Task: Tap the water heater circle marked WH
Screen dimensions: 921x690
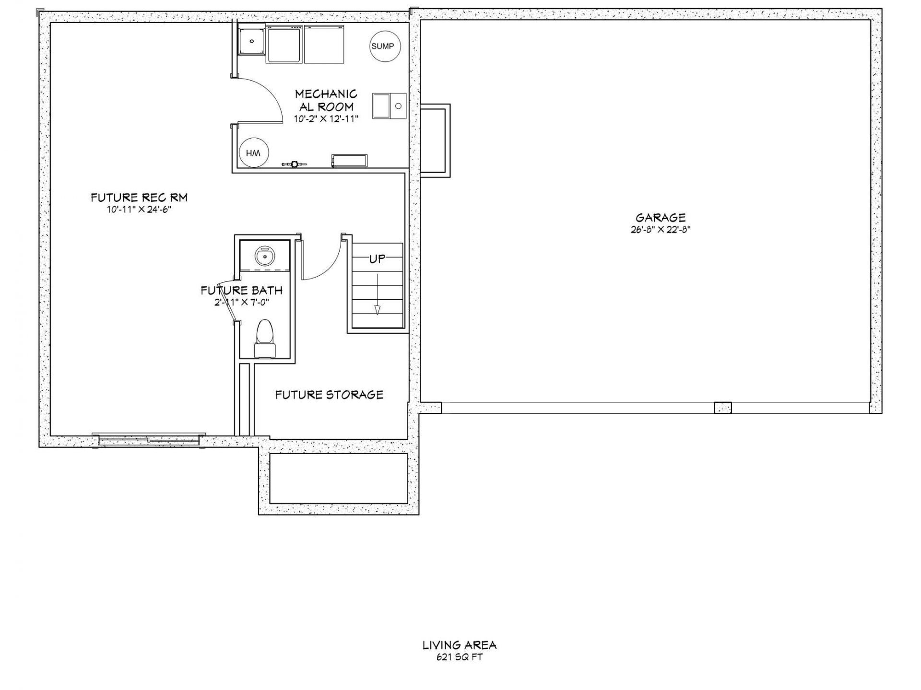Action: (x=254, y=153)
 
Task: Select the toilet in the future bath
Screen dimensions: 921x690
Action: (x=265, y=338)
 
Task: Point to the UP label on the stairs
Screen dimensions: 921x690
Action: (x=377, y=259)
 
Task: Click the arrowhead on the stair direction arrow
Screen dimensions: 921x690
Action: (x=378, y=310)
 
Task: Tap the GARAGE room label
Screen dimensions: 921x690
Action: (x=661, y=218)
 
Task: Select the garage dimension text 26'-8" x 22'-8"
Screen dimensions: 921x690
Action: (x=661, y=230)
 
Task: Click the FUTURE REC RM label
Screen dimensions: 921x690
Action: (x=139, y=197)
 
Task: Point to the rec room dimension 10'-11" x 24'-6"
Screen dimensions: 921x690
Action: (x=139, y=210)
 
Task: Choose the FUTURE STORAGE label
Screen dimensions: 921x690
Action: (x=329, y=395)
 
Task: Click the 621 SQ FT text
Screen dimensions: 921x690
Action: (x=459, y=657)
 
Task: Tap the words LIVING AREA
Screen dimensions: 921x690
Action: (x=459, y=645)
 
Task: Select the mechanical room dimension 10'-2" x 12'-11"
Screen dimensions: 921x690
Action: (x=327, y=119)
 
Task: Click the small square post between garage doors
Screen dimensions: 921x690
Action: (x=723, y=408)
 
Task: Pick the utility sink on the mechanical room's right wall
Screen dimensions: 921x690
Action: (x=390, y=105)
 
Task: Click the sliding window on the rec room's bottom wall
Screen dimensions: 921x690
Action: (x=149, y=440)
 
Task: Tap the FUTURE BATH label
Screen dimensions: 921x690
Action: (x=241, y=290)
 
